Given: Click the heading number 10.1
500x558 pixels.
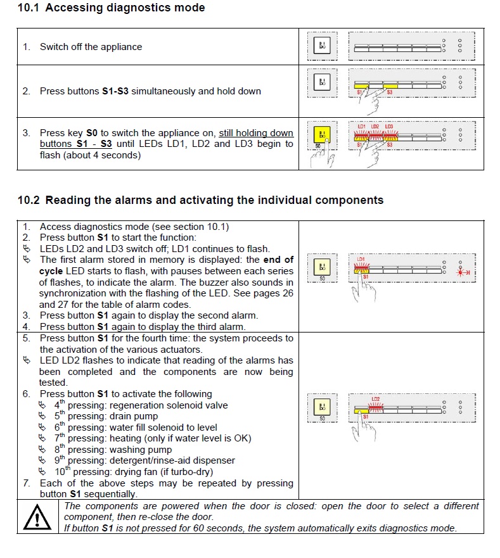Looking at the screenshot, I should point(29,8).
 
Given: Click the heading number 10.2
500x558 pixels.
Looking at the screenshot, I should point(29,200).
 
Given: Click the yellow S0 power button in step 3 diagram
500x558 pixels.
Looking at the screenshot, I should point(322,135).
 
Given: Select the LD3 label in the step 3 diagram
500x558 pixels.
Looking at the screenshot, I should point(389,127).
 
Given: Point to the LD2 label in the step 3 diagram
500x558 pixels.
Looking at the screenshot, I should point(375,127).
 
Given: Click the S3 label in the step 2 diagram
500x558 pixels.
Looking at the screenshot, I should point(390,92).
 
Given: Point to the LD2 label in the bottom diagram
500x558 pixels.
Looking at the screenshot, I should point(376,399).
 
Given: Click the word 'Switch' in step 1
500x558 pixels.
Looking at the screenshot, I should point(54,47).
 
